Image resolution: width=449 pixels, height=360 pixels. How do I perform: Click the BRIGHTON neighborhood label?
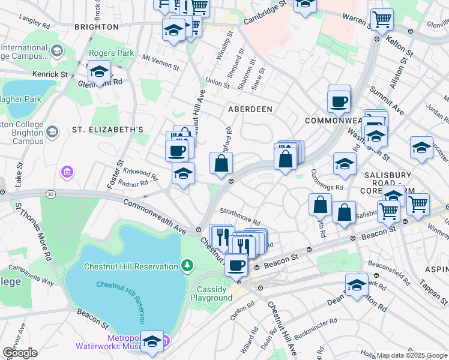pyautogui.click(x=96, y=27)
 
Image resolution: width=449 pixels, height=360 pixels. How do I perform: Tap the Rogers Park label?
pyautogui.click(x=112, y=53)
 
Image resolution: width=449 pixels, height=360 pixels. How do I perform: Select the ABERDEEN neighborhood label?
pyautogui.click(x=250, y=109)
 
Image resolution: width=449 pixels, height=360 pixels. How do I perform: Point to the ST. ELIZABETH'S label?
pyautogui.click(x=108, y=130)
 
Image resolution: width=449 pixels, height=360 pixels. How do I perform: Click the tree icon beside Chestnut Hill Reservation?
pyautogui.click(x=188, y=265)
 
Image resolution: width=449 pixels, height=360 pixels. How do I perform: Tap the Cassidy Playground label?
pyautogui.click(x=211, y=293)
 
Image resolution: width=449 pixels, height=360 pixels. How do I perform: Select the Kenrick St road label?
pyautogui.click(x=50, y=74)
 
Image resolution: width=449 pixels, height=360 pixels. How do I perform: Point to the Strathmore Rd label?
pyautogui.click(x=240, y=222)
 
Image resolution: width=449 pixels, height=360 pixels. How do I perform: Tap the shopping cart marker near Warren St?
pyautogui.click(x=382, y=20)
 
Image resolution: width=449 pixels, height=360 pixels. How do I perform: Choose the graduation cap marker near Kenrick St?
pyautogui.click(x=99, y=72)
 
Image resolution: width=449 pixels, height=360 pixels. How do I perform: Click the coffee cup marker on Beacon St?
pyautogui.click(x=237, y=264)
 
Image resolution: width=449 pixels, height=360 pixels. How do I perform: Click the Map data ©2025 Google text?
pyautogui.click(x=411, y=355)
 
